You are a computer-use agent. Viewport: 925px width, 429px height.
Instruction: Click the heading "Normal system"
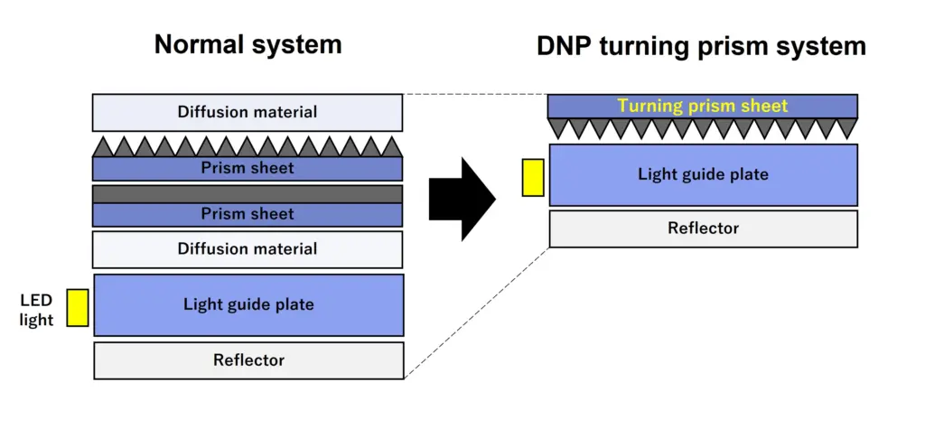(x=248, y=45)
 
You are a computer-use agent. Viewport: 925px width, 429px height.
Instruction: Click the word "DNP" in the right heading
(x=565, y=46)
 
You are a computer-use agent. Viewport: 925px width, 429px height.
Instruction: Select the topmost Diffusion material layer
(x=248, y=112)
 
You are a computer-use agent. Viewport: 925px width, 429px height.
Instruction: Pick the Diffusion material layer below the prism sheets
(x=248, y=249)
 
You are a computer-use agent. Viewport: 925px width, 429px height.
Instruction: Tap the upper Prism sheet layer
(x=248, y=168)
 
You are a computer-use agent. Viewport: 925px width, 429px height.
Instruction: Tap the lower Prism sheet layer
(x=248, y=215)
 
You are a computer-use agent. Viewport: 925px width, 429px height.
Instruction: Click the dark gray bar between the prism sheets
(x=248, y=193)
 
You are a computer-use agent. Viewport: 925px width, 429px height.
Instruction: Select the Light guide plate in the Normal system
(x=248, y=305)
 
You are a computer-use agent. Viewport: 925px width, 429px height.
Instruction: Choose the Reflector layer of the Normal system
(x=248, y=360)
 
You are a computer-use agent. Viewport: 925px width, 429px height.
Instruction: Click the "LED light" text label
(x=36, y=311)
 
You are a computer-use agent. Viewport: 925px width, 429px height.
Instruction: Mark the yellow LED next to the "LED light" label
(x=78, y=307)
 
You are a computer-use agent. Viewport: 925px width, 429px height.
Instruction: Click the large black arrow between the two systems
(x=462, y=199)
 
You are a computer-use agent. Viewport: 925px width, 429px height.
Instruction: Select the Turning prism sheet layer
(x=703, y=107)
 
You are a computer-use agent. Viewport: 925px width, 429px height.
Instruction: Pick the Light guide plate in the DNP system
(x=703, y=174)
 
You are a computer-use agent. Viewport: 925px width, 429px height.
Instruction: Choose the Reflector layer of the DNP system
(x=703, y=228)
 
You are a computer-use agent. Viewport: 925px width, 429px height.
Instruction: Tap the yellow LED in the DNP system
(x=533, y=177)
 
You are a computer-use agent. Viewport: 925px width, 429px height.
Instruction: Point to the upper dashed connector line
(x=475, y=94)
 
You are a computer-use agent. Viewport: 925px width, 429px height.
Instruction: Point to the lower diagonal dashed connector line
(x=477, y=312)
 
